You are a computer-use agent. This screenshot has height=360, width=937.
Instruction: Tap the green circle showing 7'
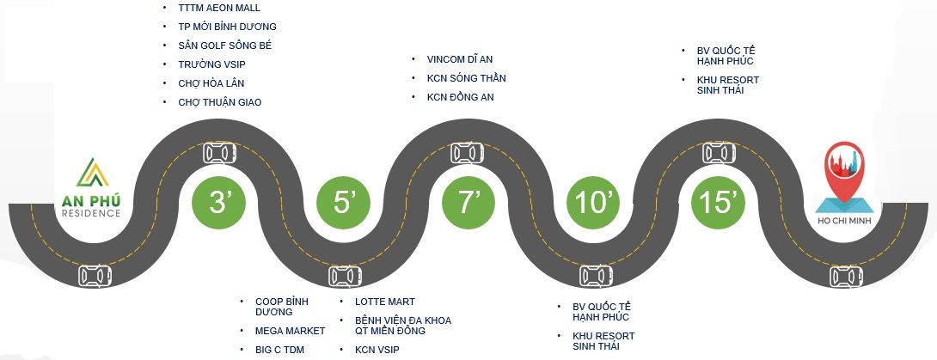468,203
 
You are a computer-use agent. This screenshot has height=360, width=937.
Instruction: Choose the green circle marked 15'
718,203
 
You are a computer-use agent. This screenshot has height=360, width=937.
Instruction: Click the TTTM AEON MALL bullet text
213,8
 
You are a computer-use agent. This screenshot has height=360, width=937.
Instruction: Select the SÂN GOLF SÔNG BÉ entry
224,46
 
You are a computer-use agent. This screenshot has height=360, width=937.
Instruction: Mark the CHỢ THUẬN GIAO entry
219,102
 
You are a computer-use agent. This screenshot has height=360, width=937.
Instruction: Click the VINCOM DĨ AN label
459,59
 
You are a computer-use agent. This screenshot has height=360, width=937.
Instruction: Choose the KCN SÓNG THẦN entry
466,78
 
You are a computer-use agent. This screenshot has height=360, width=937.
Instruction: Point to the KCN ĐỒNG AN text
460,97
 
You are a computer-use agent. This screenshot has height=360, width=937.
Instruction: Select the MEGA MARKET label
290,331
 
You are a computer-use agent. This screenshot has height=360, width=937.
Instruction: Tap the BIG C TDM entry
279,350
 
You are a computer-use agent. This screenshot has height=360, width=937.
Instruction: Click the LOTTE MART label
385,302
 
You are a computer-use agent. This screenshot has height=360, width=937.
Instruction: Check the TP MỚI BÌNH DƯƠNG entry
227,27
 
